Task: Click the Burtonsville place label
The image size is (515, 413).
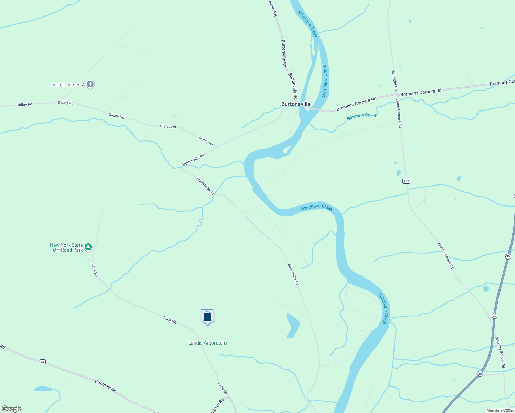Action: coord(296,104)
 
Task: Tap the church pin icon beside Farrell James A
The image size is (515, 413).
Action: coord(90,84)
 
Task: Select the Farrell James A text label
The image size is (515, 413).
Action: coord(68,85)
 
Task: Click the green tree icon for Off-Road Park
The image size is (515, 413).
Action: coord(88,247)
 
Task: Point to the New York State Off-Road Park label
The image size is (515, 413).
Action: coord(66,247)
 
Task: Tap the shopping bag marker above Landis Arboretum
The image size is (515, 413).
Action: coord(207,316)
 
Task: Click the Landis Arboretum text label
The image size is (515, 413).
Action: coord(207,343)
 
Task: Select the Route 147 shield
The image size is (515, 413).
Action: coord(407,181)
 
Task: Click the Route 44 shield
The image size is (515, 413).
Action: coord(42,362)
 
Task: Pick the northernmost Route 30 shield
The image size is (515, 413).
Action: coord(508,256)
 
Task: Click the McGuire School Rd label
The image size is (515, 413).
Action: coord(500,352)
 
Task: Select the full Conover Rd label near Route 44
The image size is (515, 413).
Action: coord(105,386)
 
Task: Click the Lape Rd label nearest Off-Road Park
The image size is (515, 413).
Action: coord(95,270)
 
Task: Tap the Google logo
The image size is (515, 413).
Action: coord(12,409)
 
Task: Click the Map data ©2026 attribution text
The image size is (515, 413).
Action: coord(500,410)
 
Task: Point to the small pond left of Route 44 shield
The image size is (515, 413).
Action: coord(43,389)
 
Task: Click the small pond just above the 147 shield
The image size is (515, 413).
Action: coord(399,173)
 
